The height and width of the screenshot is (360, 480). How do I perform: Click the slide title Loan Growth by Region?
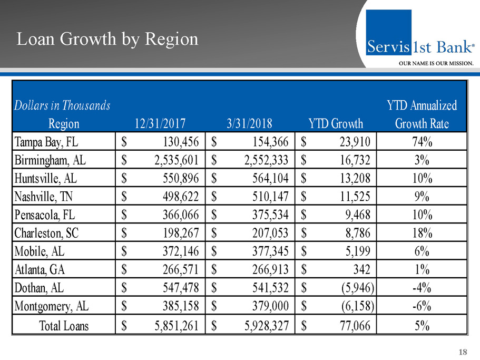[x=107, y=39]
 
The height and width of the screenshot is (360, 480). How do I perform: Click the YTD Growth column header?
[x=336, y=124]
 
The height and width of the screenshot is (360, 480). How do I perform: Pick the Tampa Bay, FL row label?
[x=47, y=141]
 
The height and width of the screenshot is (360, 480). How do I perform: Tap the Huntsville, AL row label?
[x=46, y=178]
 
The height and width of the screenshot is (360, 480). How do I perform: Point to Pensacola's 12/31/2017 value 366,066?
[x=175, y=215]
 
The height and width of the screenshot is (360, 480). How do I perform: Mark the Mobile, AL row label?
[x=40, y=252]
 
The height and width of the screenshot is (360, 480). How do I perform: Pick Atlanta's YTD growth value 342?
[x=360, y=270]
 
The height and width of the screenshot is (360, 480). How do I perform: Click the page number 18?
[x=463, y=352]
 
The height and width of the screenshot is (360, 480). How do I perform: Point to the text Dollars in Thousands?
[x=62, y=105]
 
